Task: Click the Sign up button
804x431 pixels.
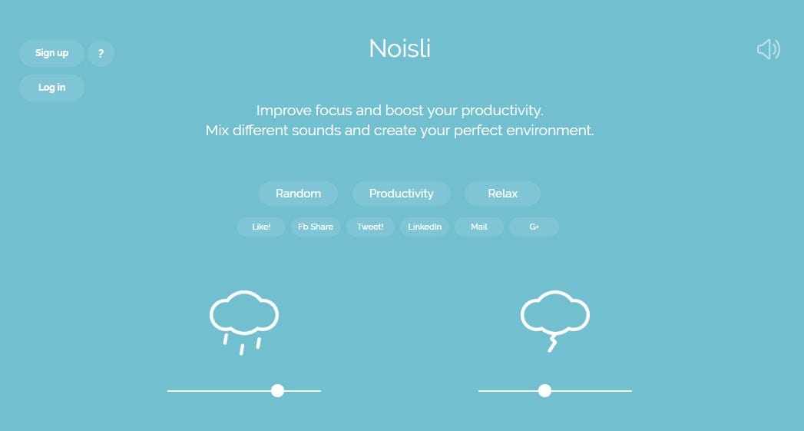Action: pos(51,53)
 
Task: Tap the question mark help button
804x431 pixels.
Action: pos(101,53)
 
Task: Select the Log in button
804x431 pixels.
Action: pos(51,88)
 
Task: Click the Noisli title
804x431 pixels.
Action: pos(400,48)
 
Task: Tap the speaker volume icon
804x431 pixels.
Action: pos(768,49)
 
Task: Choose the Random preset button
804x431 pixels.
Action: pos(299,194)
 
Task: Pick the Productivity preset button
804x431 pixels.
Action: pos(402,194)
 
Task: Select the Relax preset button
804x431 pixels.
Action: pos(502,194)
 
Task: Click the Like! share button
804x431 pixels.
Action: pos(261,227)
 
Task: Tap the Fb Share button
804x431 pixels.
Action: pos(316,227)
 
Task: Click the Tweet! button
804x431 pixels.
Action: pos(370,227)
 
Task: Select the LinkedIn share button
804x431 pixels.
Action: pos(425,227)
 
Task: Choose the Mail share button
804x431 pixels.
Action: pos(479,227)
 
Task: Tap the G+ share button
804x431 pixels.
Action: pos(534,227)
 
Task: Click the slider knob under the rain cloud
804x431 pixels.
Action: pos(277,391)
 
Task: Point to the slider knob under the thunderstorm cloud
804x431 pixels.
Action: pos(544,391)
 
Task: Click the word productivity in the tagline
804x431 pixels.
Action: pos(502,111)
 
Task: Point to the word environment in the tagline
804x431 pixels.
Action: pos(550,131)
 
